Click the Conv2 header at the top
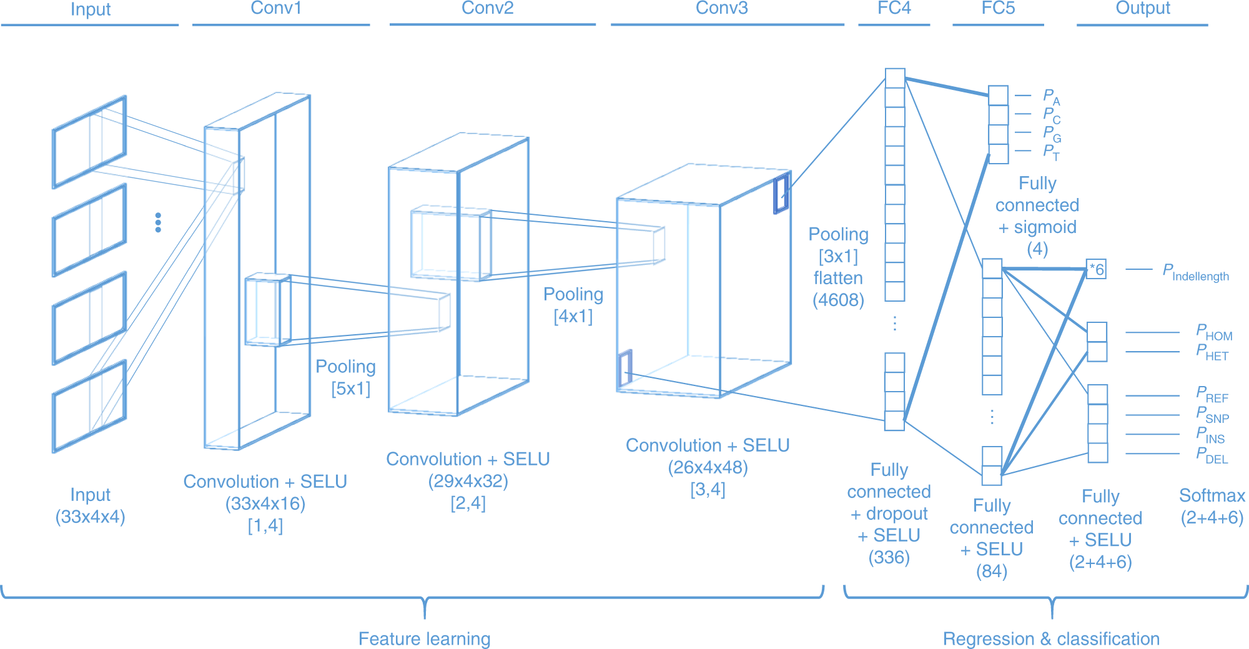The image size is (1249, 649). pos(487,9)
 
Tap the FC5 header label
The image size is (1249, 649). pos(998,9)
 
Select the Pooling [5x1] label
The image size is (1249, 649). pos(346,377)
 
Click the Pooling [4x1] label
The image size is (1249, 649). pos(573,305)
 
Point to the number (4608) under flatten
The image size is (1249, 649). pos(838,300)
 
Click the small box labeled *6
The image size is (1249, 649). pos(1096,269)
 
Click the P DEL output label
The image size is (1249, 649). pos(1212,455)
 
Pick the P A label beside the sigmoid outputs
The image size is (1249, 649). pos(1051,97)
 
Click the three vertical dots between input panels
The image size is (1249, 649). pos(158,222)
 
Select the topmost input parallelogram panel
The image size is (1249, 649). pos(89,142)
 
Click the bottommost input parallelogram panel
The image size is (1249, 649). pos(89,406)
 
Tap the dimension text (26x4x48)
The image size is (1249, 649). pos(708,468)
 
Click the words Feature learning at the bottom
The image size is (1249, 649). pos(424,639)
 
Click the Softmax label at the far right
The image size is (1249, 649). pos(1212,496)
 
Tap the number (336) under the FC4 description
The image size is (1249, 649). pos(889,557)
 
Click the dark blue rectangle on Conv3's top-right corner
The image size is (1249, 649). pos(781,194)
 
